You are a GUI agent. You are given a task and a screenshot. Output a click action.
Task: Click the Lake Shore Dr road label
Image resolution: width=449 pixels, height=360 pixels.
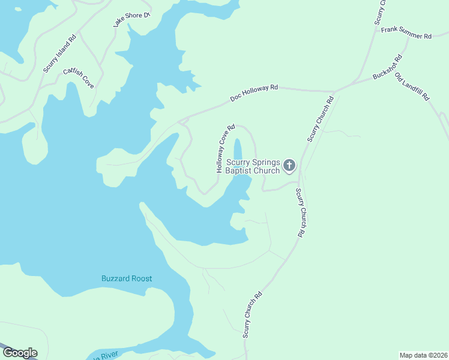coord(131,20)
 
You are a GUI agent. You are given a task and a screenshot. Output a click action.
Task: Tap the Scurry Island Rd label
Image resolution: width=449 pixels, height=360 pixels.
coord(60,53)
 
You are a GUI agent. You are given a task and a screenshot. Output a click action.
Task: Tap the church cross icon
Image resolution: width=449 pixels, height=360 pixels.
coord(289,165)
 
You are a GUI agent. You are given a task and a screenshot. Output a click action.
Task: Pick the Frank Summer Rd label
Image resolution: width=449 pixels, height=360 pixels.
coord(406,32)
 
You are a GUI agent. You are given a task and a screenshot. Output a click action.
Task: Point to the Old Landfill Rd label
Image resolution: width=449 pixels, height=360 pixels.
coord(412,86)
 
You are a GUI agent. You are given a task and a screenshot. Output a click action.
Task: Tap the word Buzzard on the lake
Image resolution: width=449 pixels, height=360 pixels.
coord(117,278)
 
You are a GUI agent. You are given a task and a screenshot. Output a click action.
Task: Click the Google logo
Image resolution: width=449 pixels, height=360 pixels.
coord(20,353)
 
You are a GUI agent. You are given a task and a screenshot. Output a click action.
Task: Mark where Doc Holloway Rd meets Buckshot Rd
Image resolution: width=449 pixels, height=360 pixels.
coord(335,91)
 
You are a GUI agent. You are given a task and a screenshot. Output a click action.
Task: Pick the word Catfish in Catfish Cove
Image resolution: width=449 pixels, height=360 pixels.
coord(71,74)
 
